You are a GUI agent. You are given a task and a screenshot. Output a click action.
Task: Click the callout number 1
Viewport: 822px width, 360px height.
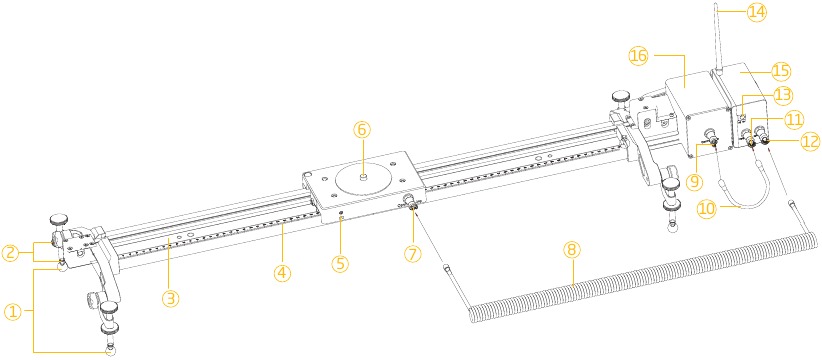pyautogui.click(x=14, y=312)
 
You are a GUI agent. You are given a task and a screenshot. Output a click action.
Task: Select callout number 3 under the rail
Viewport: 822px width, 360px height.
pyautogui.click(x=170, y=299)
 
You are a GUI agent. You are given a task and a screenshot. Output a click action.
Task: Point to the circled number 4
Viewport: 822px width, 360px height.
pyautogui.click(x=282, y=271)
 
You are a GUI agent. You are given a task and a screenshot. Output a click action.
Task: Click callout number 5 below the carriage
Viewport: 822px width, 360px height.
pyautogui.click(x=340, y=263)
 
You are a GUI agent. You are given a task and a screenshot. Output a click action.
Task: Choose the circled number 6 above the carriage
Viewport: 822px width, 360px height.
pyautogui.click(x=362, y=130)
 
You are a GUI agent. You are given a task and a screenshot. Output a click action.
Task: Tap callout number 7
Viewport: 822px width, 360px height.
pyautogui.click(x=413, y=253)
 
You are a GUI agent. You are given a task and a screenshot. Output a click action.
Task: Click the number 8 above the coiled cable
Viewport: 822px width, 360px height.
pyautogui.click(x=572, y=250)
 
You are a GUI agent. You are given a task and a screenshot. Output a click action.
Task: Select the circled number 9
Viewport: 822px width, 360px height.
pyautogui.click(x=695, y=182)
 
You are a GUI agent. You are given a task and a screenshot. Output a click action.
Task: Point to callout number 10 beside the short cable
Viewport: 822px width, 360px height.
pyautogui.click(x=707, y=209)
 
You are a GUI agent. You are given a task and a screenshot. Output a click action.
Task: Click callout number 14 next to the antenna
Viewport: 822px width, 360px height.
pyautogui.click(x=757, y=13)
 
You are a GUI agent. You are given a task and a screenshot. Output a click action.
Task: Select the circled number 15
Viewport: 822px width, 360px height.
pyautogui.click(x=780, y=70)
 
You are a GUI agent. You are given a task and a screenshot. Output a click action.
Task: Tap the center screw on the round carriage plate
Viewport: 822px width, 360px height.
pyautogui.click(x=362, y=179)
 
